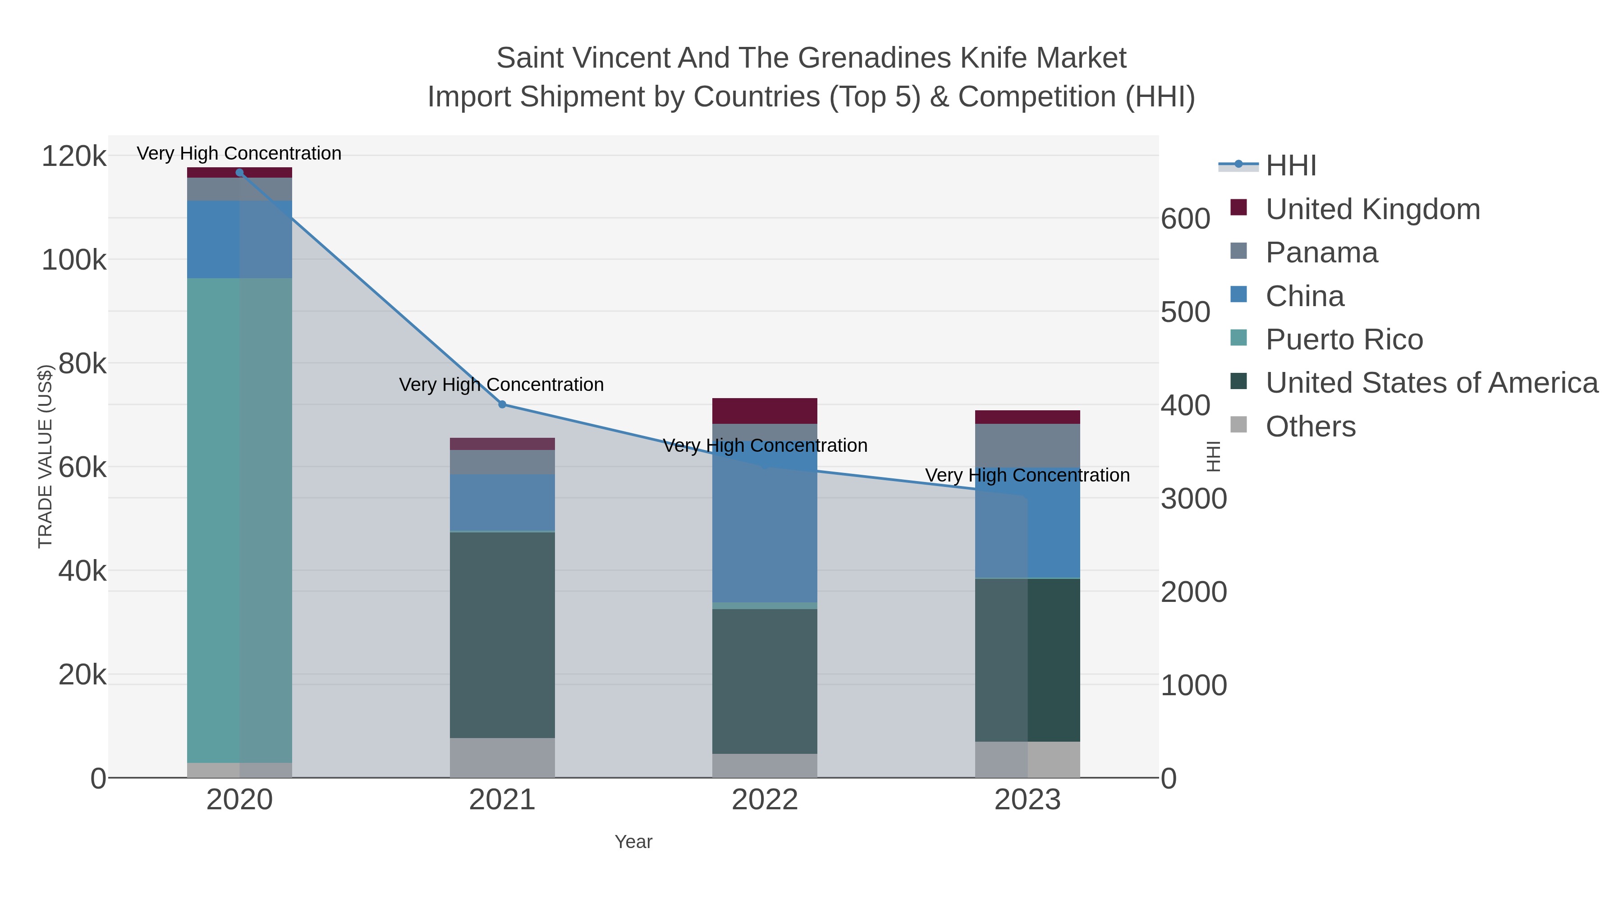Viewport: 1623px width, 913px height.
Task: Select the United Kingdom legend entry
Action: [1372, 209]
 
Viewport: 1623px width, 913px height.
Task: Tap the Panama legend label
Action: [1321, 252]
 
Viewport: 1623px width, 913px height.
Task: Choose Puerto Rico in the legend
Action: [1344, 340]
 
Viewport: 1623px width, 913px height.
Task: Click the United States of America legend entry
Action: [1431, 383]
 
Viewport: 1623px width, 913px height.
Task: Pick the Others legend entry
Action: [1311, 427]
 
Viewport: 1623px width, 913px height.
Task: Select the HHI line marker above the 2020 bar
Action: [239, 173]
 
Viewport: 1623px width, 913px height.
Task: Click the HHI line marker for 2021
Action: [502, 404]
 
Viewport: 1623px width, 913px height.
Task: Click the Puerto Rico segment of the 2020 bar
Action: [239, 520]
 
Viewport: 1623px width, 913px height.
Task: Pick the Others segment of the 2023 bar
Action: [1027, 759]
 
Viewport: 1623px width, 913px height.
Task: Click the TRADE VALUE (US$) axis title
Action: [46, 456]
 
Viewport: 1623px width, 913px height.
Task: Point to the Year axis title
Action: [633, 842]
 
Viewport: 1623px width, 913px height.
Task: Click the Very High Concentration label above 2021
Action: [501, 384]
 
